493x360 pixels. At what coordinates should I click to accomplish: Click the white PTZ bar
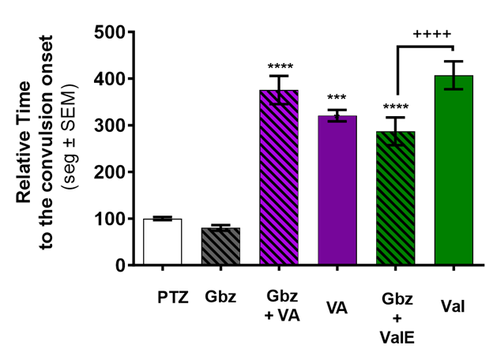point(162,242)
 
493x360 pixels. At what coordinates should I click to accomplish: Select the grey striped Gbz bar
point(220,246)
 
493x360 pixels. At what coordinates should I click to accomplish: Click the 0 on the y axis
point(119,265)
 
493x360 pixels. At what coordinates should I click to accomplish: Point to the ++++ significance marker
point(431,33)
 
